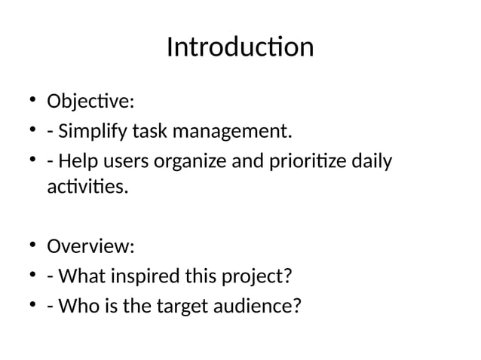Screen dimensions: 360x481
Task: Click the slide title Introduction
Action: (240, 47)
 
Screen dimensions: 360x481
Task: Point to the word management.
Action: (234, 133)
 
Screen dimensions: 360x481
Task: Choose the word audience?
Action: (265, 307)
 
